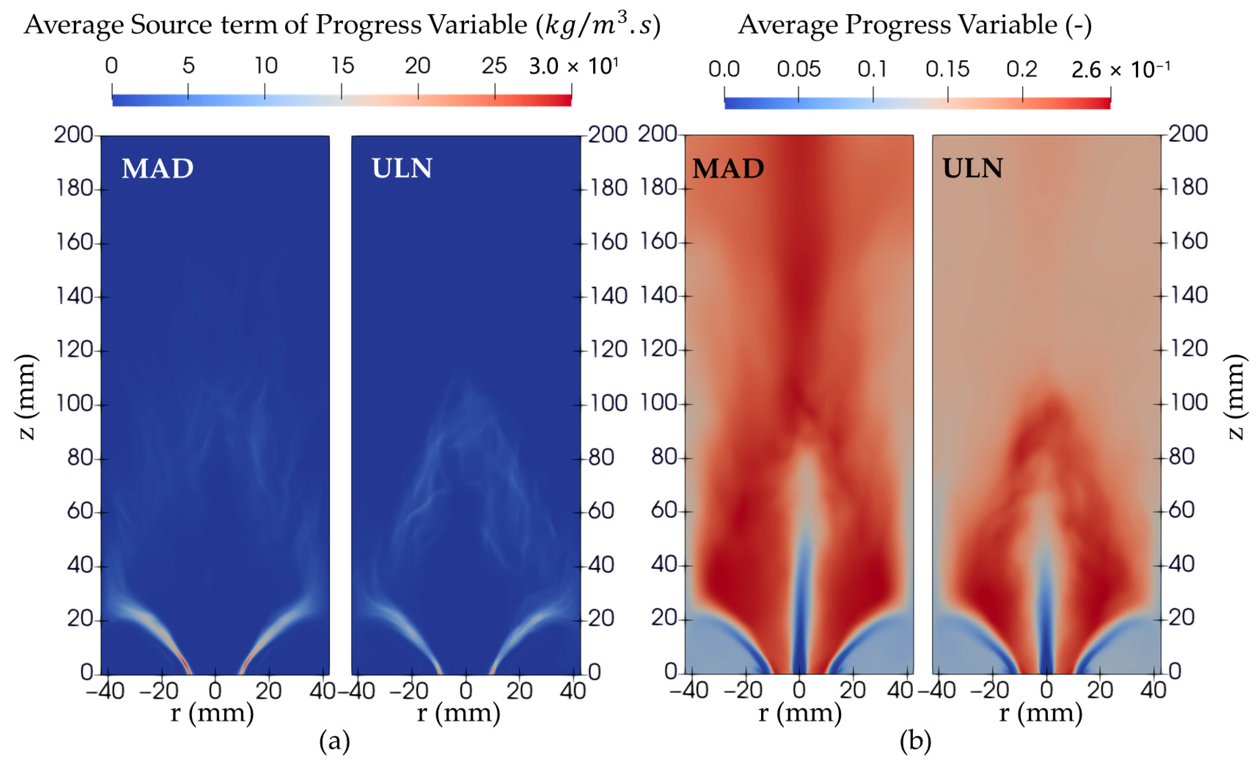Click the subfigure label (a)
click(x=334, y=740)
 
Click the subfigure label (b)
click(x=915, y=740)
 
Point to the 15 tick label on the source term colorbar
click(x=342, y=66)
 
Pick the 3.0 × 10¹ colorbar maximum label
click(x=573, y=66)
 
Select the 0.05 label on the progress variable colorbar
click(x=799, y=69)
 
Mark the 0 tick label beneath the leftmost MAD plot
click(x=215, y=691)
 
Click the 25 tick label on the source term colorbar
click(x=494, y=66)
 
